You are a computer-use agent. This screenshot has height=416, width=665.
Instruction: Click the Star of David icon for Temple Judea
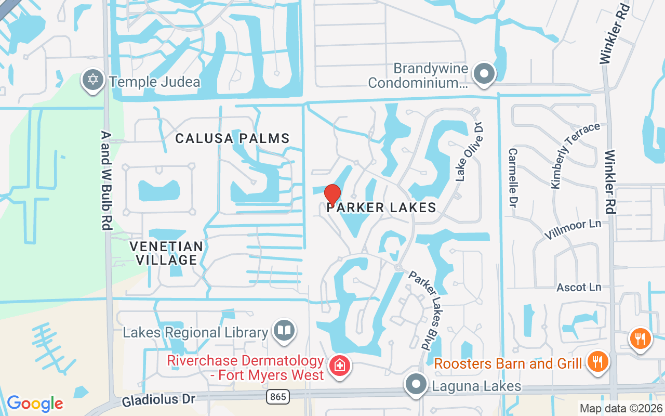[x=92, y=81]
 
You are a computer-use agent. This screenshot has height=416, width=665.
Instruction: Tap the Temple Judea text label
[x=154, y=82]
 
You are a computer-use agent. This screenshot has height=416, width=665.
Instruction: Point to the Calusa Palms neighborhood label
[x=232, y=138]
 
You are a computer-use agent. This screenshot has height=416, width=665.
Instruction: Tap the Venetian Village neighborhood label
[x=166, y=253]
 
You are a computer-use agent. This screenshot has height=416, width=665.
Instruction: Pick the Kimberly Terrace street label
[x=575, y=155]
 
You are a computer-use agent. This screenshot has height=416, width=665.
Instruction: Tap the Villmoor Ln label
[x=572, y=229]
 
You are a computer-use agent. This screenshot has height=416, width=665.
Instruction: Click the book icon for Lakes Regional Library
[x=285, y=330]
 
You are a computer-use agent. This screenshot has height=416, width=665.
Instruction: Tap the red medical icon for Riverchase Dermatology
[x=340, y=365]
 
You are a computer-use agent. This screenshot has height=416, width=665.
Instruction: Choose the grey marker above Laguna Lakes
[x=416, y=385]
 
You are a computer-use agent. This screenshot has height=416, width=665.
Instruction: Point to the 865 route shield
[x=278, y=397]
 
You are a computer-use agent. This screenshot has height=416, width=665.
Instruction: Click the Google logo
[x=35, y=404]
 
